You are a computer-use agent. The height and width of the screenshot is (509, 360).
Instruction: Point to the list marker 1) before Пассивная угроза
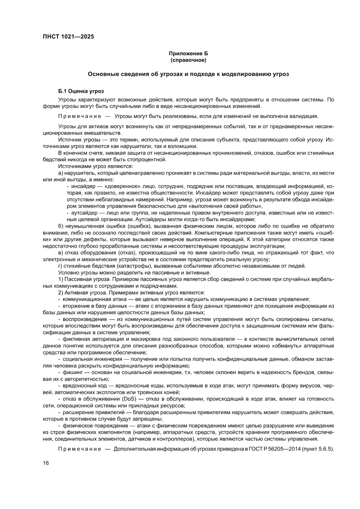[x=61, y=279]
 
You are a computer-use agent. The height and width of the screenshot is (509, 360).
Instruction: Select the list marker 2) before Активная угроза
[x=61, y=293]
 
